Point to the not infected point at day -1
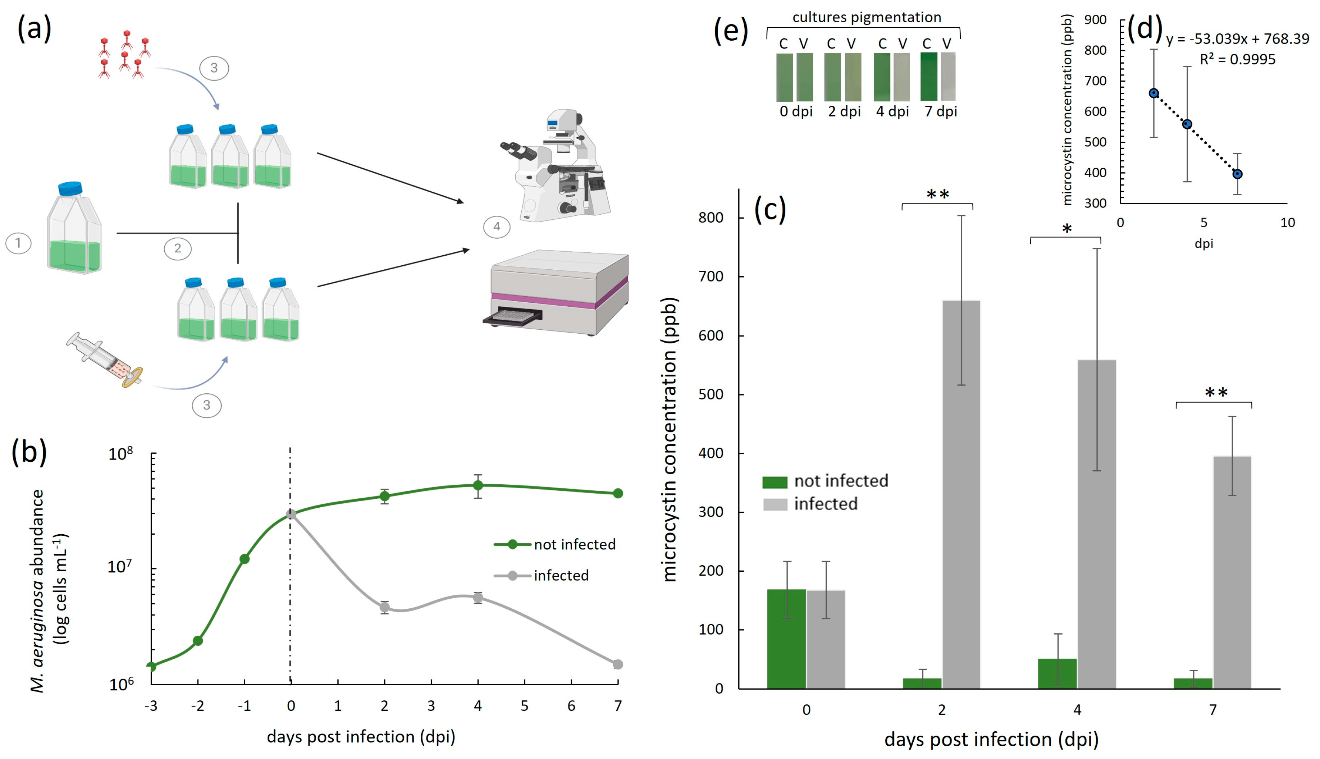pyautogui.click(x=244, y=559)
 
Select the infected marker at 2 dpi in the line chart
pyautogui.click(x=384, y=607)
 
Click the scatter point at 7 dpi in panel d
pyautogui.click(x=1237, y=174)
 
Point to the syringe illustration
pyautogui.click(x=104, y=360)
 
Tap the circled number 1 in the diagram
pyautogui.click(x=18, y=243)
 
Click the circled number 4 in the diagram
pyautogui.click(x=496, y=227)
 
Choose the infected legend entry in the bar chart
pyautogui.click(x=825, y=504)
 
